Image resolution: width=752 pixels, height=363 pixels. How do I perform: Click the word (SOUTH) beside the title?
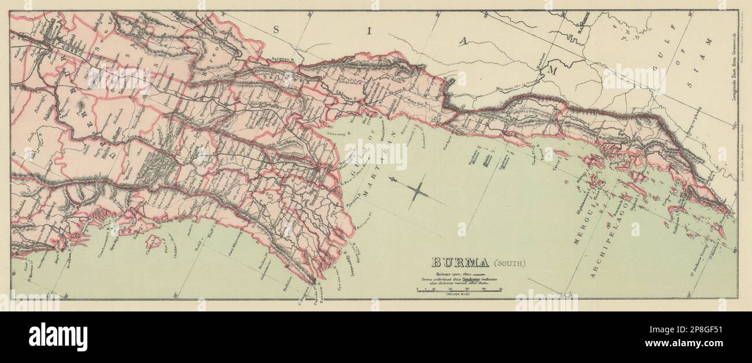pyautogui.click(x=508, y=263)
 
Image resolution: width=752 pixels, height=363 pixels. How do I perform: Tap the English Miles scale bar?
pyautogui.click(x=459, y=290)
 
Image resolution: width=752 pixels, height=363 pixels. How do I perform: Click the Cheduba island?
pyautogui.click(x=152, y=240)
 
